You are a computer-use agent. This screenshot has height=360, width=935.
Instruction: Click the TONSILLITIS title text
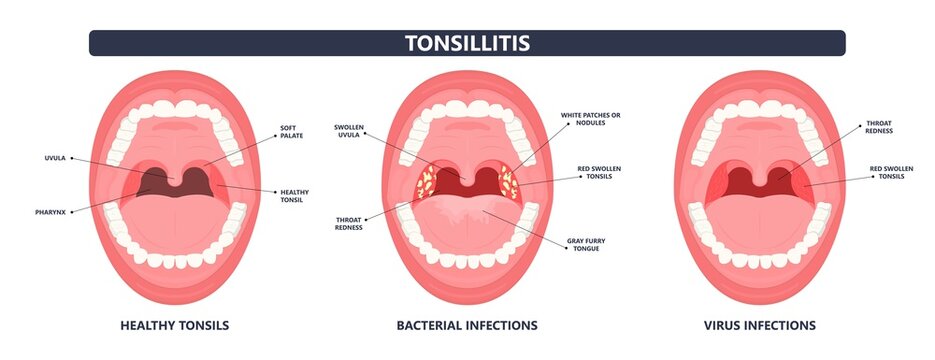pyautogui.click(x=468, y=43)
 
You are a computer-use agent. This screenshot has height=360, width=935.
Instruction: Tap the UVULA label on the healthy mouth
pyautogui.click(x=55, y=158)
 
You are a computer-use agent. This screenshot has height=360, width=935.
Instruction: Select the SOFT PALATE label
pyautogui.click(x=292, y=132)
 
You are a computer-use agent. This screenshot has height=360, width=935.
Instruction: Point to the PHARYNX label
pyautogui.click(x=50, y=212)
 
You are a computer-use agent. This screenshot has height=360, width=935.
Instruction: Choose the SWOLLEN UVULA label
pyautogui.click(x=349, y=131)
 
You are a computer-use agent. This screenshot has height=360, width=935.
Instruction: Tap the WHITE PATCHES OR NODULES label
pyautogui.click(x=590, y=119)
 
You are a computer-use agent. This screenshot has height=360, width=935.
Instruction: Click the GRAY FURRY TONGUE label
pyautogui.click(x=586, y=244)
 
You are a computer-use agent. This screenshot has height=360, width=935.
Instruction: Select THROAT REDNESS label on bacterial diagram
pyautogui.click(x=349, y=224)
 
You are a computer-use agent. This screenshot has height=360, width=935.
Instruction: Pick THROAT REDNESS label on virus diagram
pyautogui.click(x=879, y=127)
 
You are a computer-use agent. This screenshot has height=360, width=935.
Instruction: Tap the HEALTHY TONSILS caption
pyautogui.click(x=175, y=325)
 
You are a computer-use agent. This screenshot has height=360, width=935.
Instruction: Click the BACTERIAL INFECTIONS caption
pyautogui.click(x=467, y=325)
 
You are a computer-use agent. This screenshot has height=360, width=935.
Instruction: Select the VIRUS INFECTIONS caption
pyautogui.click(x=760, y=325)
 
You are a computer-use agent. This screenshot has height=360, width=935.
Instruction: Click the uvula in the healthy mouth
pyautogui.click(x=175, y=176)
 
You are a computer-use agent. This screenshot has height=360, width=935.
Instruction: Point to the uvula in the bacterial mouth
pyautogui.click(x=467, y=176)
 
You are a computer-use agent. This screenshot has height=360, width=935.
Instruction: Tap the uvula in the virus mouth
pyautogui.click(x=760, y=176)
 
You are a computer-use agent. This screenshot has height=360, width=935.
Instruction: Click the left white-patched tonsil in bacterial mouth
pyautogui.click(x=426, y=182)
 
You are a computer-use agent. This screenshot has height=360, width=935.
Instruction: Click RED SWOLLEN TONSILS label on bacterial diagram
pyautogui.click(x=599, y=172)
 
